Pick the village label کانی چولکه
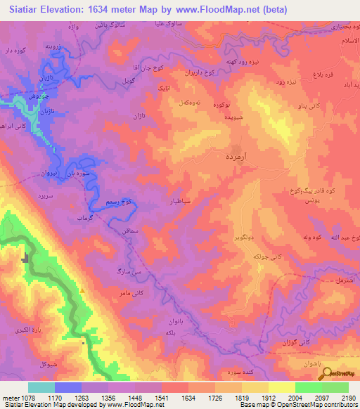coord(257,258)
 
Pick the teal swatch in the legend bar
coord(41,387)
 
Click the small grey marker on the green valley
coord(27,258)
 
